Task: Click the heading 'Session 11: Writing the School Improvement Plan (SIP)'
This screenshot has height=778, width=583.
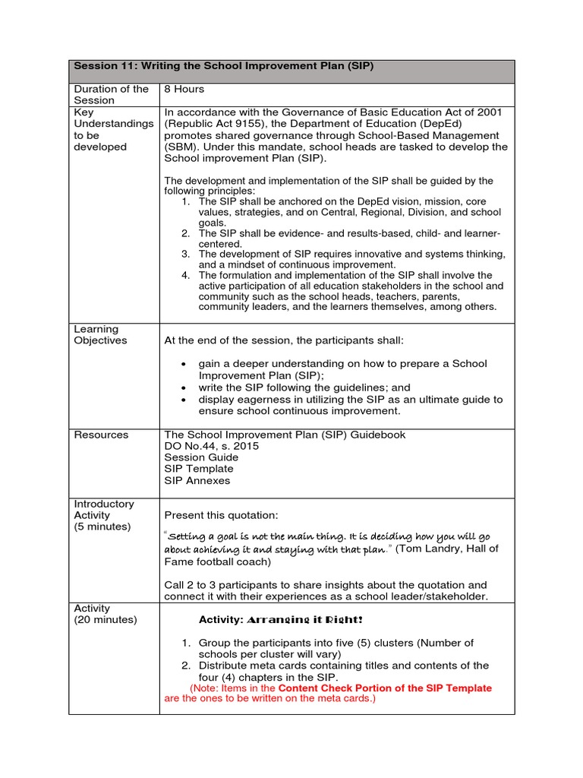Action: [x=223, y=67]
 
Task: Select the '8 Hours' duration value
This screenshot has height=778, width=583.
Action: [x=184, y=89]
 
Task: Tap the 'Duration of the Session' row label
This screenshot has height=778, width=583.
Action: [x=111, y=94]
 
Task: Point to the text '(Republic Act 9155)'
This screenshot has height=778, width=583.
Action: [x=213, y=124]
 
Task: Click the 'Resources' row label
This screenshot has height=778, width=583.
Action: [x=101, y=435]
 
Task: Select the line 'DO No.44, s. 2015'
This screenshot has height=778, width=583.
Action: [x=211, y=446]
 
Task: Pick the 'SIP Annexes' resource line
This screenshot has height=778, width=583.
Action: [x=197, y=480]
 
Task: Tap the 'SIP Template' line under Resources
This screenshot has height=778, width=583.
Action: [x=199, y=469]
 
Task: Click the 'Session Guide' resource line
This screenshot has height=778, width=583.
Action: [x=201, y=457]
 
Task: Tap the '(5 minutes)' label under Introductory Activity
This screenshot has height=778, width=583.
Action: [x=102, y=527]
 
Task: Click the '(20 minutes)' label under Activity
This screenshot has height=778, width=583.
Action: [x=106, y=620]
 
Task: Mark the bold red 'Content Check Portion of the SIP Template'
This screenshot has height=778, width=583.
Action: [x=385, y=688]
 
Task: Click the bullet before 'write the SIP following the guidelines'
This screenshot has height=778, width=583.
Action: [x=184, y=387]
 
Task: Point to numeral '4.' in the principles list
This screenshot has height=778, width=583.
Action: [x=185, y=275]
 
